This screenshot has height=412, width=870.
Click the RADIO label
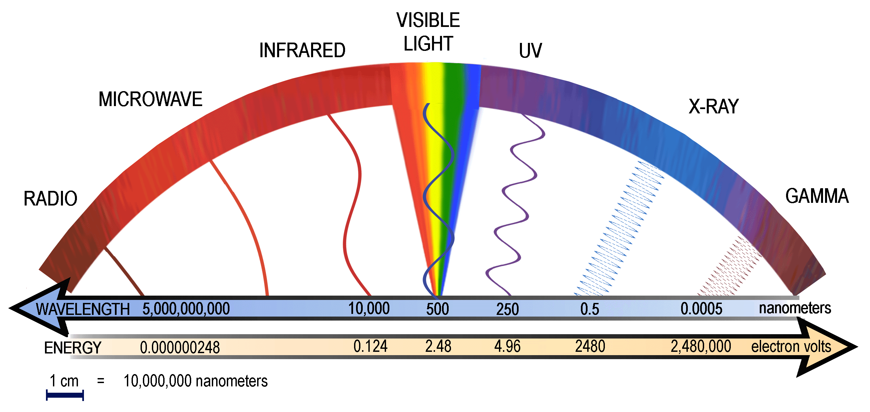pos(50,199)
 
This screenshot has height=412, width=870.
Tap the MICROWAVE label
pos(150,99)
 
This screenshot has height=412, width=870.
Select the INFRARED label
pos(302,51)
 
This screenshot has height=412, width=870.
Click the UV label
pos(530,51)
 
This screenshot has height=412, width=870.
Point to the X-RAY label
pos(714,106)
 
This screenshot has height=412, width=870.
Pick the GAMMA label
pos(817,196)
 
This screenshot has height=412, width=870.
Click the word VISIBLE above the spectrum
pos(428,20)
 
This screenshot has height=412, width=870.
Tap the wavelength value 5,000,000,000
pos(186,309)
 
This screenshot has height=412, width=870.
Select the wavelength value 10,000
pos(369,309)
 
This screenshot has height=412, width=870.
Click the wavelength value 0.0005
pos(701,309)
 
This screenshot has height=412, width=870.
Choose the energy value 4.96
pos(507,346)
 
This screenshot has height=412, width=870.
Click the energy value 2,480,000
pos(700,346)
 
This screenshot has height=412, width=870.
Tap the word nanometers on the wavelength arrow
pos(795,308)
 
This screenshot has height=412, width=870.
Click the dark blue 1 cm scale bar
pos(65,395)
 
